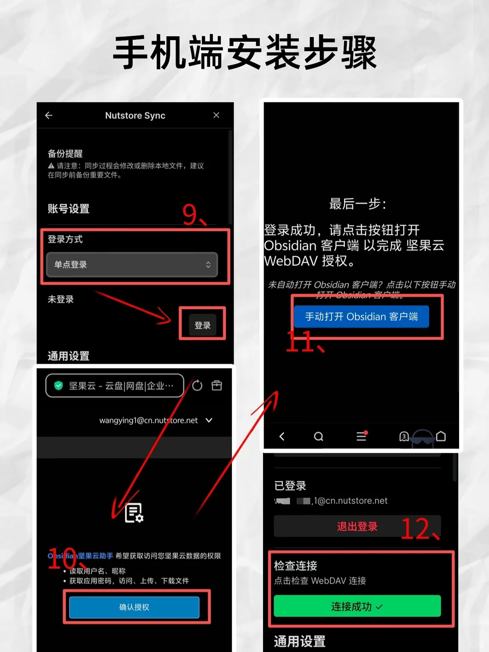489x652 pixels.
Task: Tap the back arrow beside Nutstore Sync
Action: pos(49,115)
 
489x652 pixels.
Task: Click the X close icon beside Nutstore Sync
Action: pos(216,115)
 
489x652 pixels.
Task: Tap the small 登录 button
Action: pos(202,325)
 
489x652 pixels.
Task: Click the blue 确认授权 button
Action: pos(134,607)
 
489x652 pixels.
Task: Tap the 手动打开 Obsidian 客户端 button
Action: pos(361,316)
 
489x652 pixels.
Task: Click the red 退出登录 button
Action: pos(357,527)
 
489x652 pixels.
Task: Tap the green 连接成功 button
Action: pos(357,606)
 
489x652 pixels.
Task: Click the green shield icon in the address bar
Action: pos(58,386)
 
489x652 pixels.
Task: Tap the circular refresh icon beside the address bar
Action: pos(197,386)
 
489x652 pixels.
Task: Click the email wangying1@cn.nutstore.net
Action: pos(149,421)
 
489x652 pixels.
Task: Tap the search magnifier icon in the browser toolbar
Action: pos(319,436)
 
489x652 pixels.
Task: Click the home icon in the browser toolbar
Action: pos(441,436)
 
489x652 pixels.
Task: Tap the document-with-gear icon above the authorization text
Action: pos(134,513)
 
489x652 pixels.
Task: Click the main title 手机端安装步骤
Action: pos(244,53)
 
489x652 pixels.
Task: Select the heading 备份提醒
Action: pos(65,153)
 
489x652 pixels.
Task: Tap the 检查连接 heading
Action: pos(296,566)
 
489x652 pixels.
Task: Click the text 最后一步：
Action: pos(358,204)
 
